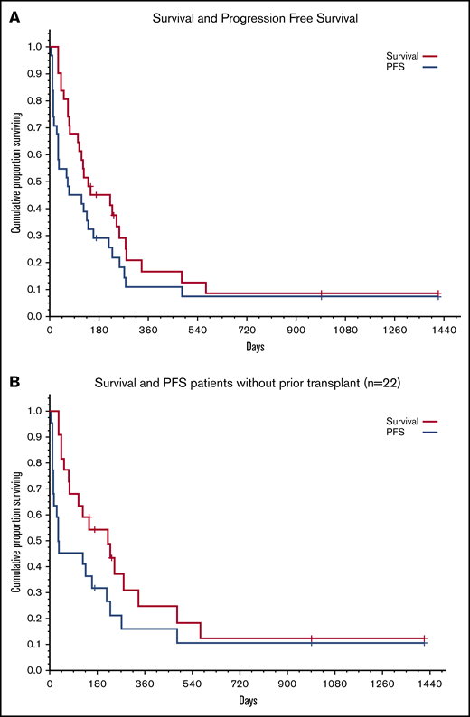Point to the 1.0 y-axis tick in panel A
(35, 46)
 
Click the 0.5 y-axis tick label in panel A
(35, 182)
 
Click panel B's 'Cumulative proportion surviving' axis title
(15, 540)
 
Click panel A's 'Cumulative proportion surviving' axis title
(15, 182)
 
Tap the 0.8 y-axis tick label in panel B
(35, 462)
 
